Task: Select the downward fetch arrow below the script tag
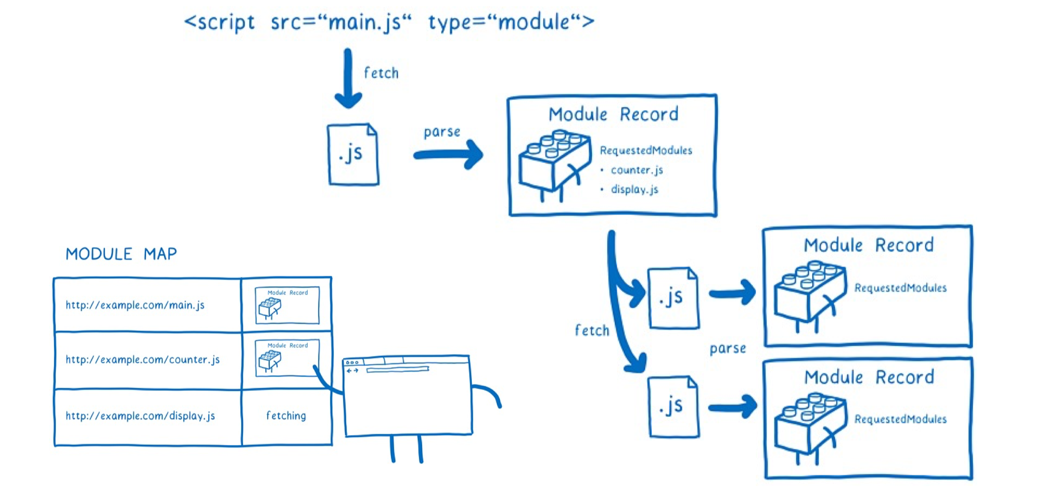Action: (x=348, y=78)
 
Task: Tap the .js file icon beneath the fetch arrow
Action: (x=353, y=154)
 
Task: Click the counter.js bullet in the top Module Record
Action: (x=637, y=170)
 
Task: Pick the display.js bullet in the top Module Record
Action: (x=634, y=190)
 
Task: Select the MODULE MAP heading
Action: (x=121, y=254)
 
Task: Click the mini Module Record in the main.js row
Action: (x=287, y=305)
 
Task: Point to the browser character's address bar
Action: (x=397, y=370)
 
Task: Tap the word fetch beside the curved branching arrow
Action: (x=592, y=331)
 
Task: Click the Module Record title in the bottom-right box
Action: (x=869, y=377)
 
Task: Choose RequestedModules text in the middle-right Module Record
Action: (x=900, y=288)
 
